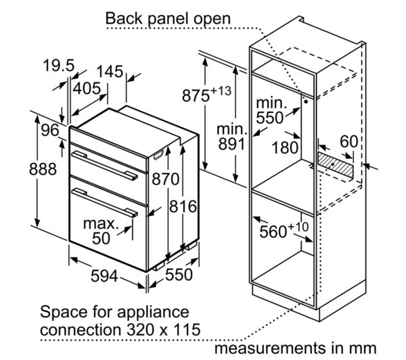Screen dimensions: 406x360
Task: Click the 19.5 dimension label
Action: (x=59, y=65)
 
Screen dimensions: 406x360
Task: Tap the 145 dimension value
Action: (x=110, y=72)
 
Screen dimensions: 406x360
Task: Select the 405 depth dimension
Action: (x=87, y=89)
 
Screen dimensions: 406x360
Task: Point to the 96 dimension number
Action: (x=50, y=130)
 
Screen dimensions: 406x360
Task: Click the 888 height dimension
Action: (x=43, y=169)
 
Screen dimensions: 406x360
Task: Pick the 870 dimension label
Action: (x=166, y=179)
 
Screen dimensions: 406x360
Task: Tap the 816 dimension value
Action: (x=183, y=206)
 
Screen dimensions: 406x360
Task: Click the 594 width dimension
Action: (x=104, y=276)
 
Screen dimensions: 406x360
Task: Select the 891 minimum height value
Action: (x=231, y=144)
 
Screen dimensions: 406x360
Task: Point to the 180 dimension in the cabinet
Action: (x=285, y=148)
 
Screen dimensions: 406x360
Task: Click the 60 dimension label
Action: (x=348, y=141)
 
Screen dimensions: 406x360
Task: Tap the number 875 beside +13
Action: (x=196, y=95)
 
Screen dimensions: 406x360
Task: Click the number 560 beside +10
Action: (x=273, y=231)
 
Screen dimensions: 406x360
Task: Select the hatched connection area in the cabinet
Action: (x=335, y=164)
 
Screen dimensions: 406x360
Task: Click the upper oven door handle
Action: (x=105, y=165)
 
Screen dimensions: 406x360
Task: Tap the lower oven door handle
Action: (x=105, y=202)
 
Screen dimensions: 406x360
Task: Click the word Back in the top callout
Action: (x=124, y=19)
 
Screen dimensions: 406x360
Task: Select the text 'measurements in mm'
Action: (x=296, y=348)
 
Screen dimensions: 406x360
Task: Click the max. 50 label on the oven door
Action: (x=101, y=231)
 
